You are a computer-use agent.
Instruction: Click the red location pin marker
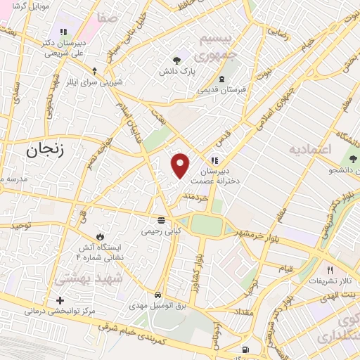click(181, 165)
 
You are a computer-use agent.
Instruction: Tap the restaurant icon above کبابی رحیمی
click(162, 219)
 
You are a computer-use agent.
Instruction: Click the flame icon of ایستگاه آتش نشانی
click(99, 236)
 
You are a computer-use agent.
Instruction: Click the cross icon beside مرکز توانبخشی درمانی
click(60, 300)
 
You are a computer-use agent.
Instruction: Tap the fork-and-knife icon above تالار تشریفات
click(329, 269)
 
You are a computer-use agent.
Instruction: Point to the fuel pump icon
click(244, 349)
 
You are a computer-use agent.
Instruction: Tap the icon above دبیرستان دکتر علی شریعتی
click(63, 32)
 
